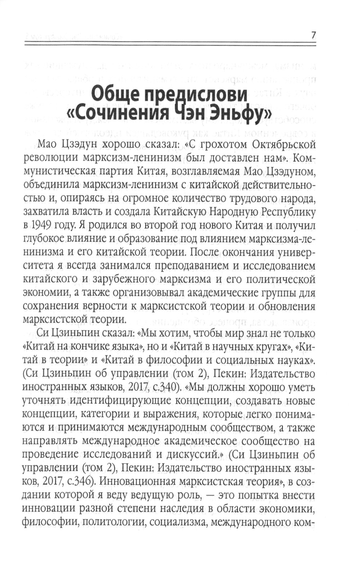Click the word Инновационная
coord(136,482)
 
